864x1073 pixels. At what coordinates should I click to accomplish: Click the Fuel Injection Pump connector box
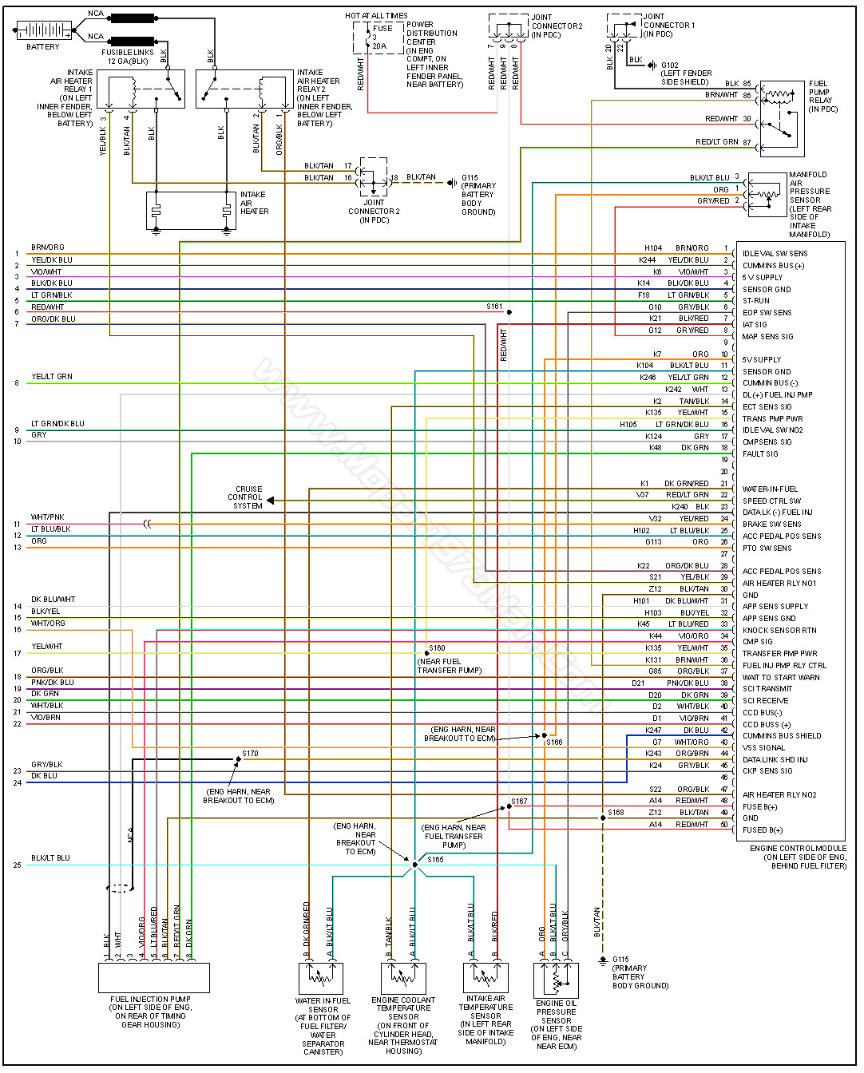pyautogui.click(x=153, y=977)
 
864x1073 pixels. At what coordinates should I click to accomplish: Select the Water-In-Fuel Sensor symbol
pyautogui.click(x=321, y=978)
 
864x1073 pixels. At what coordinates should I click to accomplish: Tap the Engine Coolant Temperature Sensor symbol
pyautogui.click(x=403, y=978)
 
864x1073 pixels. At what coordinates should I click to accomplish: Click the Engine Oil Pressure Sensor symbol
pyautogui.click(x=556, y=980)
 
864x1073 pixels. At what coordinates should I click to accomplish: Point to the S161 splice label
pyautogui.click(x=494, y=307)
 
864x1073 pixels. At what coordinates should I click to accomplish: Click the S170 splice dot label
pyautogui.click(x=250, y=753)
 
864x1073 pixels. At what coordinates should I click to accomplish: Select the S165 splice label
pyautogui.click(x=435, y=860)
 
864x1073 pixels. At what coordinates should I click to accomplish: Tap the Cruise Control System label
pyautogui.click(x=248, y=497)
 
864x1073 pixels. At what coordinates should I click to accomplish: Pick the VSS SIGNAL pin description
pyautogui.click(x=763, y=747)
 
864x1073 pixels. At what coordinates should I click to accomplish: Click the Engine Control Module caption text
pyautogui.click(x=799, y=857)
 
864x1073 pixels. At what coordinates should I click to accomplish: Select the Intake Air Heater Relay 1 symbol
pyautogui.click(x=141, y=89)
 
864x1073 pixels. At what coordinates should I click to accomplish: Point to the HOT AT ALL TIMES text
pyautogui.click(x=376, y=15)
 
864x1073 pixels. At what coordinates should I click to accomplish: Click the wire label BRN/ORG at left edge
pyautogui.click(x=47, y=247)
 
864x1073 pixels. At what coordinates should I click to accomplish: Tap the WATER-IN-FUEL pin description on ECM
pyautogui.click(x=770, y=489)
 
